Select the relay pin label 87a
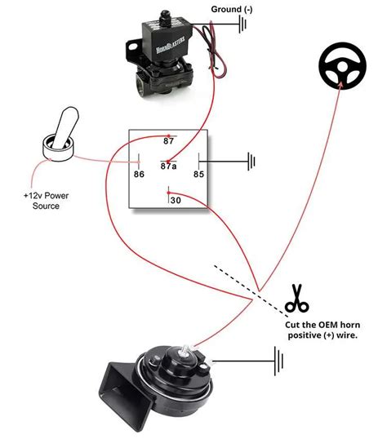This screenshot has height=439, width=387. point(169,166)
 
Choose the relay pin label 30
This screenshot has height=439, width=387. point(175,199)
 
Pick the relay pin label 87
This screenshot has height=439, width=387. point(169,141)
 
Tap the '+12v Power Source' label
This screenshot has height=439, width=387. point(46,201)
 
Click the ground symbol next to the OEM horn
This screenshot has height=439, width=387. point(278,357)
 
